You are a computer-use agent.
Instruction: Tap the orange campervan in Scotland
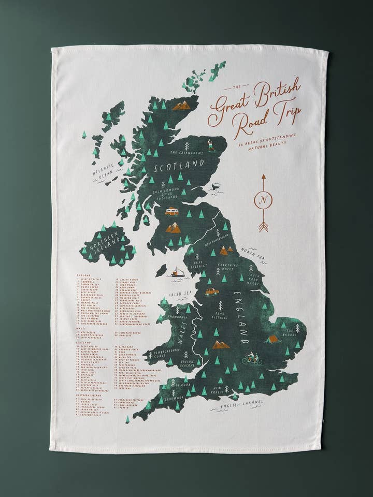[x=171, y=211]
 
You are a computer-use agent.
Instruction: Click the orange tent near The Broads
[x=272, y=340]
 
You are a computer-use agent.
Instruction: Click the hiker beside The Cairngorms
[x=211, y=144]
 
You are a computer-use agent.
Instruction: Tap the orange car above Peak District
[x=212, y=292]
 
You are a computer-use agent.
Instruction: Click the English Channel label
[x=240, y=404]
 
